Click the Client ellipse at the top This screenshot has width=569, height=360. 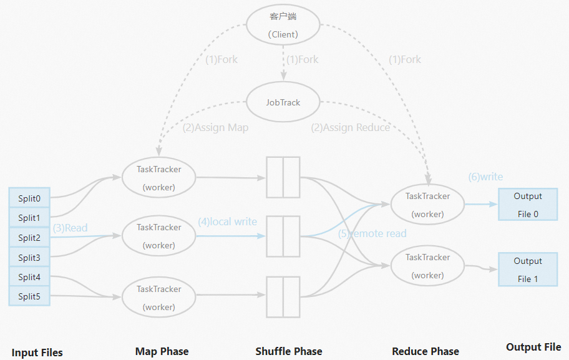[283, 26]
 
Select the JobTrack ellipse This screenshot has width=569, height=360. [283, 102]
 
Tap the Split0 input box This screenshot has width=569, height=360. [29, 198]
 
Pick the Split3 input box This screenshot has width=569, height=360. [29, 258]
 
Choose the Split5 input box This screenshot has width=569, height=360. [29, 297]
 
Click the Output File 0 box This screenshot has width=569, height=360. [528, 205]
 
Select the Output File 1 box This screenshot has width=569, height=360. [528, 270]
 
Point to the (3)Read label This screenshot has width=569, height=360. [70, 228]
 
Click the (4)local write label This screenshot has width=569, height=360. [227, 222]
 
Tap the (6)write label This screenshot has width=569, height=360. [485, 177]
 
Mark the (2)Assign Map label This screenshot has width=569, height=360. [215, 128]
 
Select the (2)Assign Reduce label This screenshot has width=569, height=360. [351, 128]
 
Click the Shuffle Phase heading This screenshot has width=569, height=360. [289, 351]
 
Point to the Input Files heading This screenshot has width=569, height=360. [37, 353]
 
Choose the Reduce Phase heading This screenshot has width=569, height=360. [426, 351]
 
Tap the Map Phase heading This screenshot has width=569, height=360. [162, 351]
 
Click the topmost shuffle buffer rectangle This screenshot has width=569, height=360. [283, 177]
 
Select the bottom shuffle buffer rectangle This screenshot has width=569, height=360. [283, 296]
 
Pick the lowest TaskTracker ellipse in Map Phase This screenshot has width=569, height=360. [158, 298]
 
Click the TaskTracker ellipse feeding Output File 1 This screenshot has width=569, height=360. [427, 266]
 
